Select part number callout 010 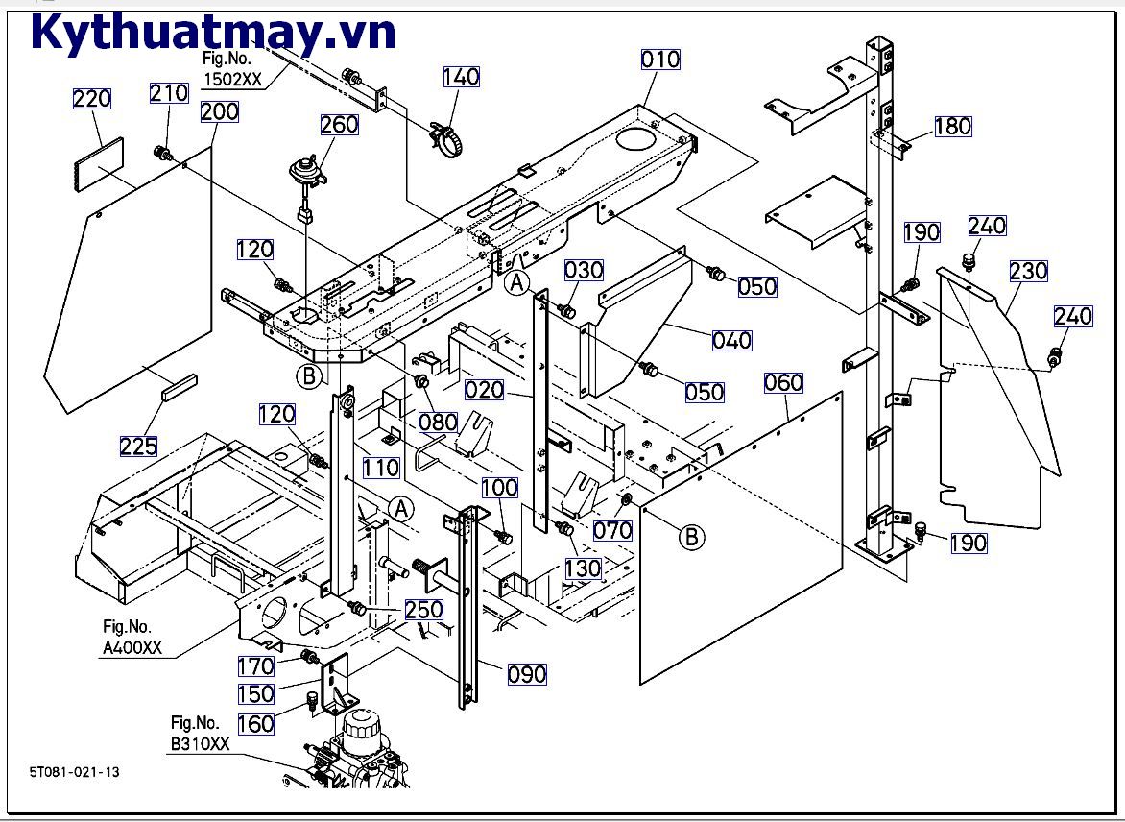pyautogui.click(x=660, y=60)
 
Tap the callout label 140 pyautogui.click(x=461, y=77)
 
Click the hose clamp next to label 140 pyautogui.click(x=446, y=137)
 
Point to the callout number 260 pyautogui.click(x=339, y=125)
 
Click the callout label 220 pyautogui.click(x=92, y=99)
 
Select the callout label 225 pyautogui.click(x=139, y=446)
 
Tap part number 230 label pyautogui.click(x=1028, y=271)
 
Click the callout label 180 pyautogui.click(x=952, y=126)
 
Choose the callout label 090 pyautogui.click(x=527, y=674)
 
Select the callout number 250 pyautogui.click(x=423, y=610)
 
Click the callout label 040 pyautogui.click(x=731, y=340)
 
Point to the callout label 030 pyautogui.click(x=583, y=269)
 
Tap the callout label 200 pyautogui.click(x=220, y=111)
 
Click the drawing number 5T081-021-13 pyautogui.click(x=75, y=771)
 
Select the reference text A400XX pyautogui.click(x=132, y=649)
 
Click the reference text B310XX pyautogui.click(x=200, y=744)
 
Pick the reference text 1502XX pyautogui.click(x=231, y=81)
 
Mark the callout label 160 pyautogui.click(x=255, y=723)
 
